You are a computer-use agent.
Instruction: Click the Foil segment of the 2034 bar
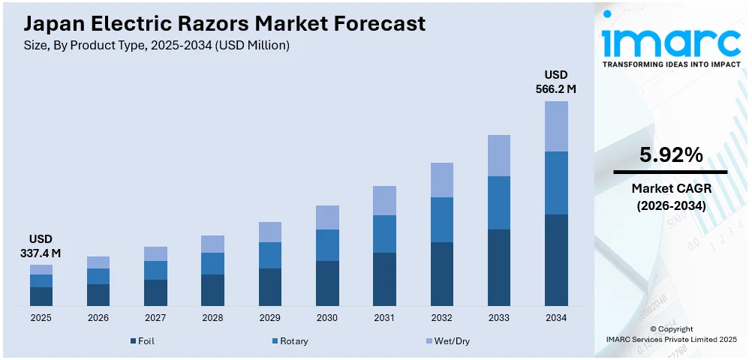[x=556, y=259]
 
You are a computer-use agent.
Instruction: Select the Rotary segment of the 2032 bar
[x=442, y=219]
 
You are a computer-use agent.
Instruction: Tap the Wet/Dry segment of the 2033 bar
[x=499, y=155]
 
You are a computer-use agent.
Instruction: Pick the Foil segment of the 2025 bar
[x=41, y=296]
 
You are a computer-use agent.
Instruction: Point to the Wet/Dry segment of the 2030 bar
[x=327, y=217]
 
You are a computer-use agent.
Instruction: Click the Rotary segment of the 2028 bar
[x=212, y=263]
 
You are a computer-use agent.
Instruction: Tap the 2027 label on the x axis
[x=155, y=318]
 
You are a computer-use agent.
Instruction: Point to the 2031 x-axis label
[x=384, y=318]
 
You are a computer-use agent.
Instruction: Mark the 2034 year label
[x=556, y=318]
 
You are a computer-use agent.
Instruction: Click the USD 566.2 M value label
[x=556, y=82]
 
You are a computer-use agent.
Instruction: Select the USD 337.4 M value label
[x=41, y=247]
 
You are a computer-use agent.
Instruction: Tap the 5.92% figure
[x=671, y=155]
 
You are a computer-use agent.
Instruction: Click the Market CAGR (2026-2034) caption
[x=671, y=196]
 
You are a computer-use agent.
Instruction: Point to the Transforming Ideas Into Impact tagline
[x=671, y=64]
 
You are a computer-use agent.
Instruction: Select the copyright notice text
[x=671, y=334]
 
